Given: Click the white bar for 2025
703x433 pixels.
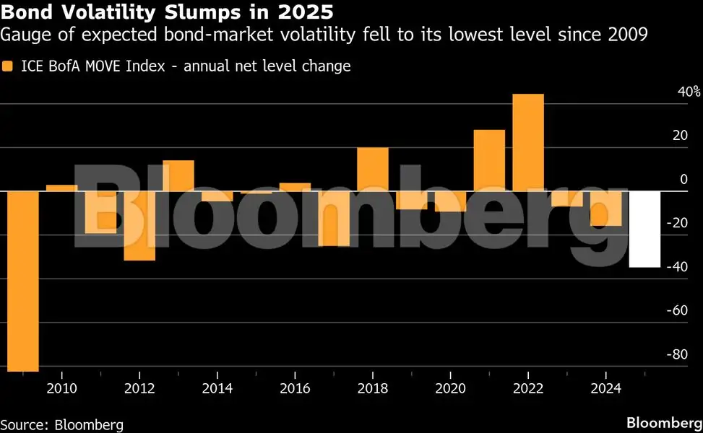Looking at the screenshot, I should click(x=644, y=229).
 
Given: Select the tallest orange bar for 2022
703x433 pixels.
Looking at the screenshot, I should click(x=528, y=142).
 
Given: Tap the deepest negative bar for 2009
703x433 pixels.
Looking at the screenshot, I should click(x=22, y=281).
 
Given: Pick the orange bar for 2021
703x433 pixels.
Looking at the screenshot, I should click(x=489, y=160).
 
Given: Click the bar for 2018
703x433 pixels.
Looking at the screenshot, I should click(x=373, y=169).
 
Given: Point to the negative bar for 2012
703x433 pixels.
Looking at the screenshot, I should click(x=139, y=225).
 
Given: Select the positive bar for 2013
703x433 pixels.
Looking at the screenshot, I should click(x=178, y=175).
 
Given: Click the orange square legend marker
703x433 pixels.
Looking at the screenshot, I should click(x=8, y=66).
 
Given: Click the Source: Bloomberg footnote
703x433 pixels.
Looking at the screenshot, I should click(x=62, y=424).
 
